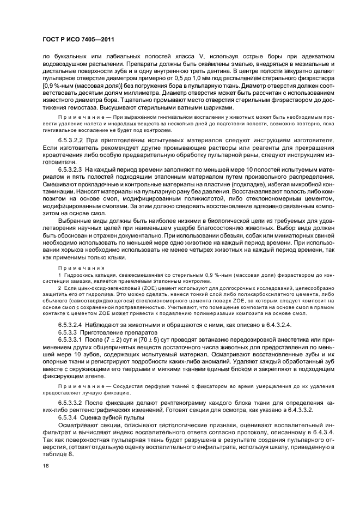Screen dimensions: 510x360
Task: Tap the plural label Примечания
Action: tap(77, 268)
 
